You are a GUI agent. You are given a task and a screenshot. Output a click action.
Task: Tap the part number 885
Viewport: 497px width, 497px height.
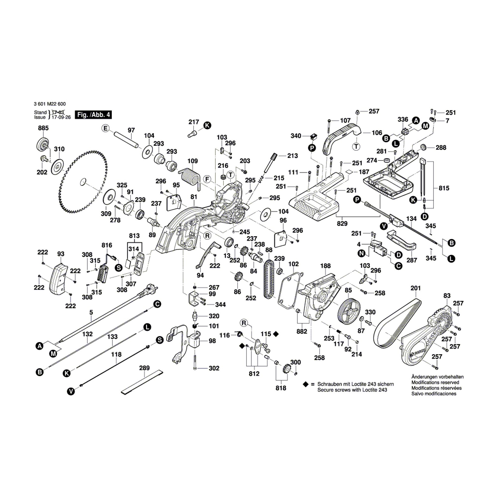coord(43,128)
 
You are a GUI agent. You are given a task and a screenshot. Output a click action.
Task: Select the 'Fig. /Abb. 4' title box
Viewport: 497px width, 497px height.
coord(93,115)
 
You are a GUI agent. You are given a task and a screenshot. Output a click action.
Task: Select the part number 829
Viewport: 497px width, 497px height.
coord(342,224)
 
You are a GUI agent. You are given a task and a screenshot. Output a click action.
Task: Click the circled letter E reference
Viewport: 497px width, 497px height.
coord(105,128)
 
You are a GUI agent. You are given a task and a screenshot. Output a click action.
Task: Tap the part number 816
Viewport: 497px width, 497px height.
coord(107,245)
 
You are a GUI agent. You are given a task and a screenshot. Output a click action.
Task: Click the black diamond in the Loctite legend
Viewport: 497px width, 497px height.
coord(305,384)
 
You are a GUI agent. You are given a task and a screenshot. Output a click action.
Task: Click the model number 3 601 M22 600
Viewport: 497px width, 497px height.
coord(50,104)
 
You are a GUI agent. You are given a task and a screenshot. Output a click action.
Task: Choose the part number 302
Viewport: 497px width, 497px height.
coord(214,368)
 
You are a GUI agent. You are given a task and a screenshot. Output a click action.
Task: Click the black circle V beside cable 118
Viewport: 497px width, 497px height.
coord(71,392)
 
